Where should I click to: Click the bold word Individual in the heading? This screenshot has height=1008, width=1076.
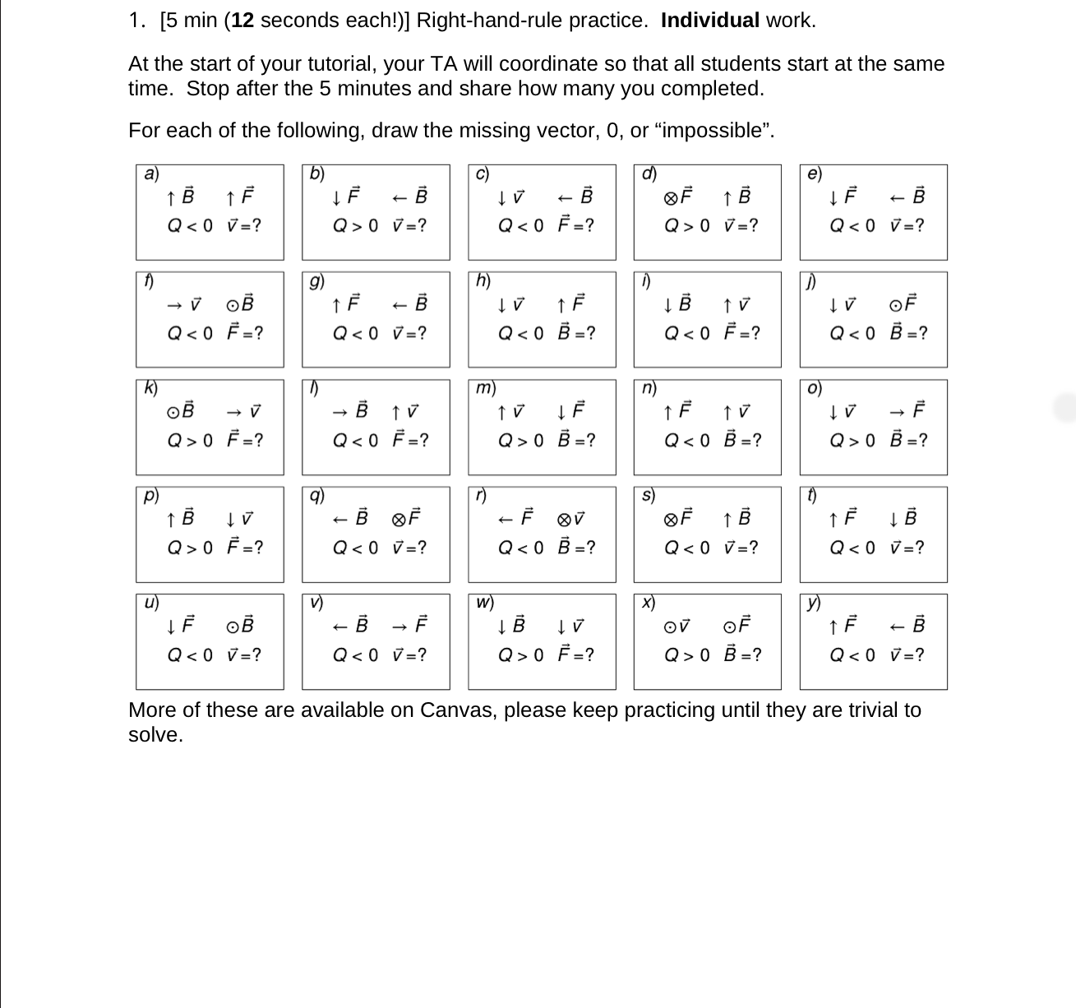[709, 21]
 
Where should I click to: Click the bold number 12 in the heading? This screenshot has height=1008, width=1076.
[242, 21]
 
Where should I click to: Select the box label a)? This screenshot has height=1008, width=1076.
[151, 173]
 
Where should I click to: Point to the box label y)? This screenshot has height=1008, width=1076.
[815, 603]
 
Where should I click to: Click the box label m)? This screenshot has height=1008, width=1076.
[485, 388]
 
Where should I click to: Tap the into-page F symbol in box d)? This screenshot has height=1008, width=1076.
[678, 197]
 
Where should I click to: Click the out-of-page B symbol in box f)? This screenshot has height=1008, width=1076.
[240, 304]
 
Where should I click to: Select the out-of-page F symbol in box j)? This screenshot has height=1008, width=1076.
[903, 304]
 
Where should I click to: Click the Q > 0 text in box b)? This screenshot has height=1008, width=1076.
[355, 226]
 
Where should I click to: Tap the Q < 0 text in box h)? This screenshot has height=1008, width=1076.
[521, 333]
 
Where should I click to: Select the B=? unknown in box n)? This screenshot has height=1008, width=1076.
[742, 441]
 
